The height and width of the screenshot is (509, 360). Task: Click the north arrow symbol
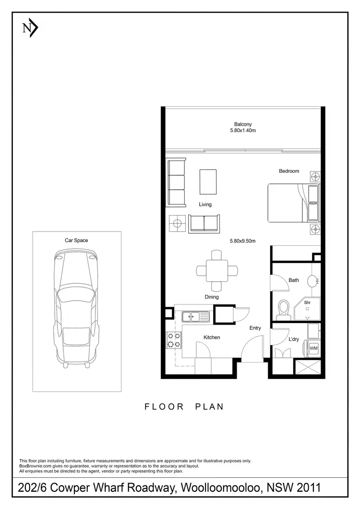click(x=30, y=28)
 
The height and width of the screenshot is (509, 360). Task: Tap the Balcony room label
click(x=243, y=124)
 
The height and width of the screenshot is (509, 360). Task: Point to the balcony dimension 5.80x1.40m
click(x=243, y=130)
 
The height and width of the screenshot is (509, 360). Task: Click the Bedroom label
click(x=289, y=171)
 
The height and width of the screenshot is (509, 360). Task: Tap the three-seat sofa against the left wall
click(x=176, y=183)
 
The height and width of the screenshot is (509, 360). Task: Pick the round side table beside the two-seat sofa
click(x=177, y=222)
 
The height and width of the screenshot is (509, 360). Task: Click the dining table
click(x=217, y=270)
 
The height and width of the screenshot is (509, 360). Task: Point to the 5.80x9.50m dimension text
click(x=243, y=242)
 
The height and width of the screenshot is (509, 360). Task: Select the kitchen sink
click(x=196, y=316)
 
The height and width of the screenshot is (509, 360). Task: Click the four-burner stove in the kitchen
click(x=173, y=340)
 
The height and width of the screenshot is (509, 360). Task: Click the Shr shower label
click(x=307, y=303)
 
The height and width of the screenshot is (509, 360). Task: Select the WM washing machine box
click(x=313, y=348)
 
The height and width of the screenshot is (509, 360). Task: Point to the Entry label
click(x=255, y=328)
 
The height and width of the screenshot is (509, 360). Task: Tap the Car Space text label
click(x=76, y=240)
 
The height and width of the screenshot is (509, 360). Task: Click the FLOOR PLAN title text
click(x=184, y=407)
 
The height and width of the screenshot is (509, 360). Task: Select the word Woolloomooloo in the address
click(x=220, y=488)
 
